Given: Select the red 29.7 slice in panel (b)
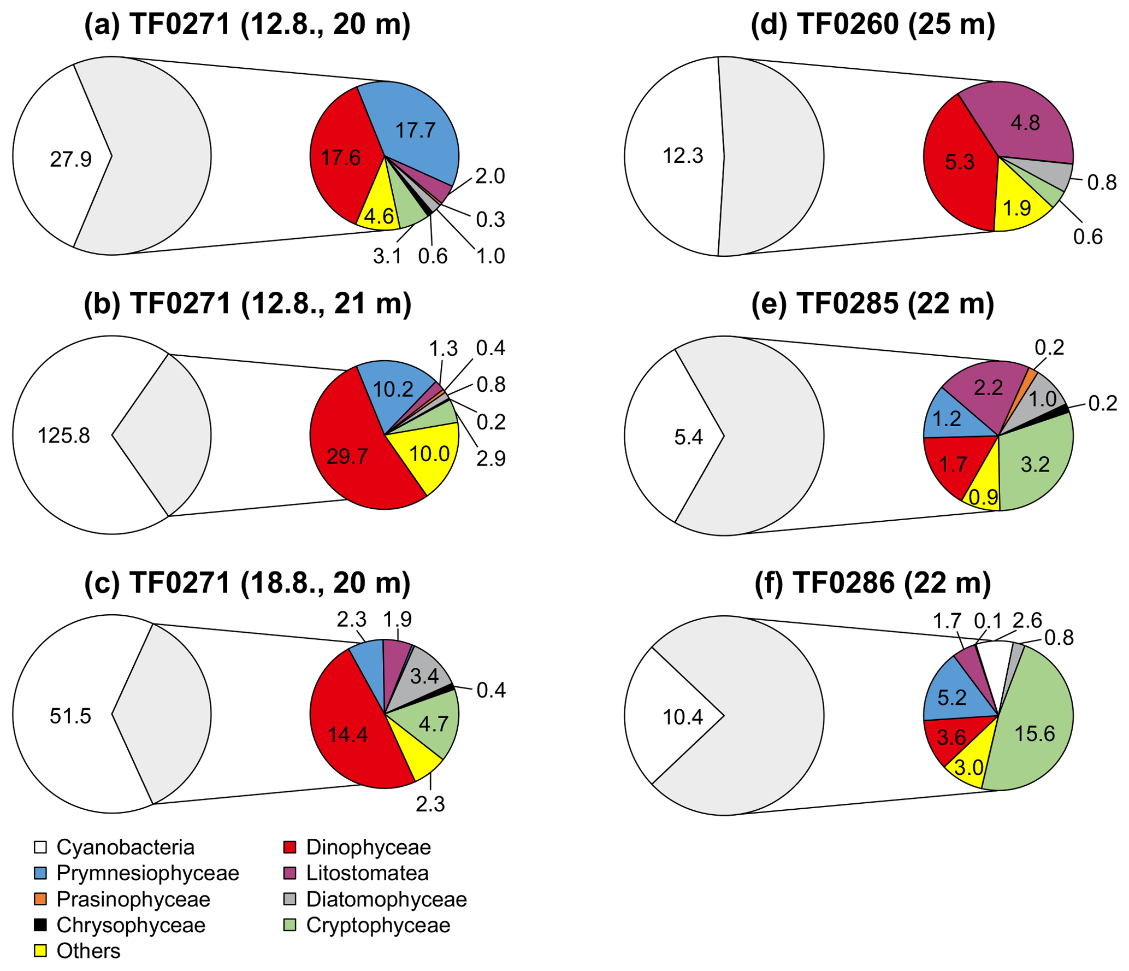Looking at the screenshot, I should pyautogui.click(x=347, y=456).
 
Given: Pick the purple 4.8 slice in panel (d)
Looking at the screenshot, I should pyautogui.click(x=1025, y=123).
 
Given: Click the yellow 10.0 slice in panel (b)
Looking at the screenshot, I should pyautogui.click(x=429, y=454).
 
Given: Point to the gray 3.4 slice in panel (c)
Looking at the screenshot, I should pyautogui.click(x=424, y=676).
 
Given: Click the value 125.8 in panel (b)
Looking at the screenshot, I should pyautogui.click(x=63, y=436).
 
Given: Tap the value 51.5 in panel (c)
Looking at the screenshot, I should pyautogui.click(x=70, y=716).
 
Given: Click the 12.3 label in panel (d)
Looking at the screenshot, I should pyautogui.click(x=683, y=156).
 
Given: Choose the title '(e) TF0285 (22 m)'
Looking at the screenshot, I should pyautogui.click(x=872, y=303).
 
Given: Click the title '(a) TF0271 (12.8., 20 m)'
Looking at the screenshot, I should pyautogui.click(x=247, y=25).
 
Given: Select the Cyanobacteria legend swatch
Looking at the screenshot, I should pyautogui.click(x=40, y=847).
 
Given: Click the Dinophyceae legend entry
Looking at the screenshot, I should pyautogui.click(x=368, y=847).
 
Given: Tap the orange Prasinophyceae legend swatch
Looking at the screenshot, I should pyautogui.click(x=40, y=899).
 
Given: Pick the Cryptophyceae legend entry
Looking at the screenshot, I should pyautogui.click(x=378, y=925).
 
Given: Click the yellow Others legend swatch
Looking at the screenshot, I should pyautogui.click(x=40, y=951).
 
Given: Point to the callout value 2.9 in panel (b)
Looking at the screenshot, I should pyautogui.click(x=490, y=459).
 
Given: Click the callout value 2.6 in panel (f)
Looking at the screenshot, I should pyautogui.click(x=1027, y=621).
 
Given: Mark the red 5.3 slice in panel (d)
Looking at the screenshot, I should pyautogui.click(x=960, y=162).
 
